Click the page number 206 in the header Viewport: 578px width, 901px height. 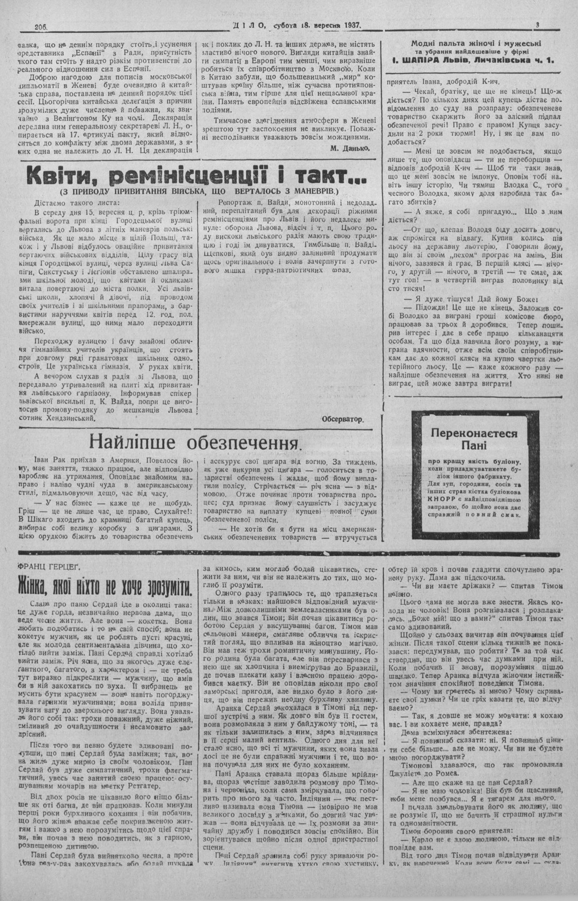(40, 26)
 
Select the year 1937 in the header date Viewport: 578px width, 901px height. (349, 25)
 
